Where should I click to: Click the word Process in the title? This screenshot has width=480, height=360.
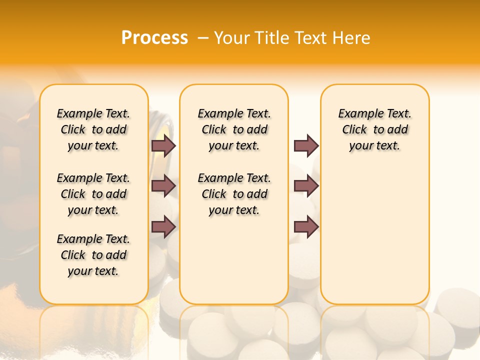pos(154,37)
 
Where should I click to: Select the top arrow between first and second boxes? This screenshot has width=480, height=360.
pos(163,146)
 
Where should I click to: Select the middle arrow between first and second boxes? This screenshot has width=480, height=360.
pos(163,186)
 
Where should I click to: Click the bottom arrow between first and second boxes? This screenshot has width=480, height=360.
pos(163,226)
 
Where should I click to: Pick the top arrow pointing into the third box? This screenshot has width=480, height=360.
pos(306,146)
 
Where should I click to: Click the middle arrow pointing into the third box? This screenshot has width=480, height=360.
pos(306,186)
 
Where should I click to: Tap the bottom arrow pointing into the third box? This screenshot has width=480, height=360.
pos(306,226)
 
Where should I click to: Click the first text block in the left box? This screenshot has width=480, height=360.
pos(93,129)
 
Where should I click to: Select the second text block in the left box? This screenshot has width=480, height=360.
pos(93,194)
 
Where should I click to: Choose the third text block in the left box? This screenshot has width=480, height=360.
pos(93,255)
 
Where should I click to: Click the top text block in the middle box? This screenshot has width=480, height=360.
pos(234,129)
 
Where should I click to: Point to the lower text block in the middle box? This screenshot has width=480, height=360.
pos(234,194)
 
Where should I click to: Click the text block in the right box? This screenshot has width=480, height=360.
pos(374,129)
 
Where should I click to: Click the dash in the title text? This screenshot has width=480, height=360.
pos(203,37)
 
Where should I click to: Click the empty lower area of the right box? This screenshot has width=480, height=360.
pos(374,240)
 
